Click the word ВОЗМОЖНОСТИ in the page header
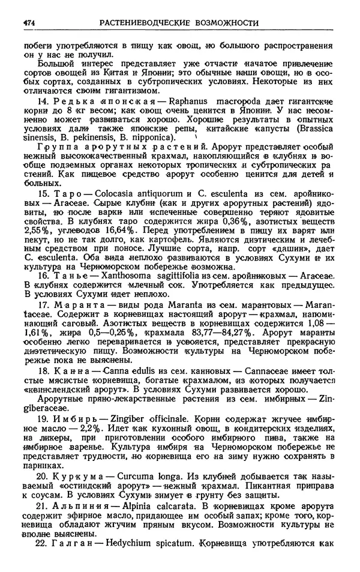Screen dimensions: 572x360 point(224,24)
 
